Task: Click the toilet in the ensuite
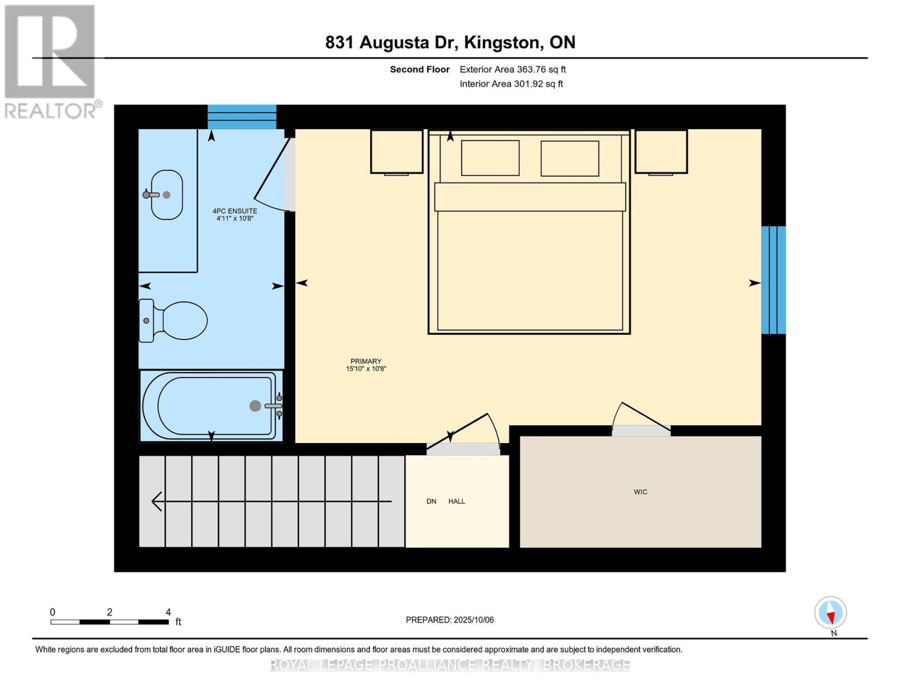click(176, 320)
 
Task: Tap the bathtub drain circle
click(255, 406)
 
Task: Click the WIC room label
click(640, 492)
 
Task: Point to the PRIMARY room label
click(366, 361)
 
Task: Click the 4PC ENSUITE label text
click(235, 211)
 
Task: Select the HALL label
click(457, 502)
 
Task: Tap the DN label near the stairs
click(431, 502)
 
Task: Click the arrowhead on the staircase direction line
click(156, 501)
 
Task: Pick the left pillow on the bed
click(490, 158)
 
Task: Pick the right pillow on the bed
click(570, 158)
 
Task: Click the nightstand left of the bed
click(396, 151)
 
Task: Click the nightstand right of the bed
click(661, 151)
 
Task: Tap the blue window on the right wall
click(774, 280)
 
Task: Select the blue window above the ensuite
click(242, 117)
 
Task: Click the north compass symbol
click(830, 613)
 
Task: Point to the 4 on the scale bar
click(168, 612)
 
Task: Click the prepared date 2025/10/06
click(473, 620)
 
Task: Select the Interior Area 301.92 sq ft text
click(511, 84)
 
